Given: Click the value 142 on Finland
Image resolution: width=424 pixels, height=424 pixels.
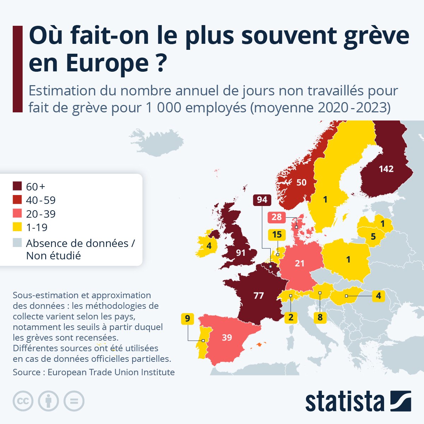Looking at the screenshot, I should coord(386,169).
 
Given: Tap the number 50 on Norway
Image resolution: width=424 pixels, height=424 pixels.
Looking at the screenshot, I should coord(301,182).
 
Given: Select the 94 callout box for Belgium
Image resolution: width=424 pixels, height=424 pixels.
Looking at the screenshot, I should coord(262,200).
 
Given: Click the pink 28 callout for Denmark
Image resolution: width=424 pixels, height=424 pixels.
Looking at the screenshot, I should coord(277,217).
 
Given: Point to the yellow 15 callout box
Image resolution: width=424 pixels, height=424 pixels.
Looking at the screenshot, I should coord(277,235).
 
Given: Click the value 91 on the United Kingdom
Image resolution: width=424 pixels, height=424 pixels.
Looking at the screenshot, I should coord(241,253).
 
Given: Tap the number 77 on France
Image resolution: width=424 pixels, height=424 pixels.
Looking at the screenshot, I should coord(259,295).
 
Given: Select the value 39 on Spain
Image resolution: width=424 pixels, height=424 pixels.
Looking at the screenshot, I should coord(227,337).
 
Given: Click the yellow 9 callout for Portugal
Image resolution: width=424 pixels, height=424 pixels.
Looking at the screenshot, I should coord(187,319).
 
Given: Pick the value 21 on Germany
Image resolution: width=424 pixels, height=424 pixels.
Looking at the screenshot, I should coord(300,263).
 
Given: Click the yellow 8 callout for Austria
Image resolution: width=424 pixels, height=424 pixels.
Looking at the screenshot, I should coord(320,317).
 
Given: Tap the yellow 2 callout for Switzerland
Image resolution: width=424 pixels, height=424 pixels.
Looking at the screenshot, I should coord(290,317).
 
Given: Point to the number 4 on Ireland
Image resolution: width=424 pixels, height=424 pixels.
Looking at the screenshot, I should coord(209,246).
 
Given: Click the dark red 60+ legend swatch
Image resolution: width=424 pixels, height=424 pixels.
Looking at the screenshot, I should coord(17,186).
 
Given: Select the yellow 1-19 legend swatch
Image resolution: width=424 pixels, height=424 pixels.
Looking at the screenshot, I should coord(17,227).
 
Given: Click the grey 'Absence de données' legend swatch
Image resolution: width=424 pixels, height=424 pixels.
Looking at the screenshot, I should coord(17,243).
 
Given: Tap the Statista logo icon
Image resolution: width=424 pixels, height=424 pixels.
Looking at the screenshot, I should coord(401,401).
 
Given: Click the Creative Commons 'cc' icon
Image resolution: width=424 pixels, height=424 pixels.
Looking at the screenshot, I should coord(23,401).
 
